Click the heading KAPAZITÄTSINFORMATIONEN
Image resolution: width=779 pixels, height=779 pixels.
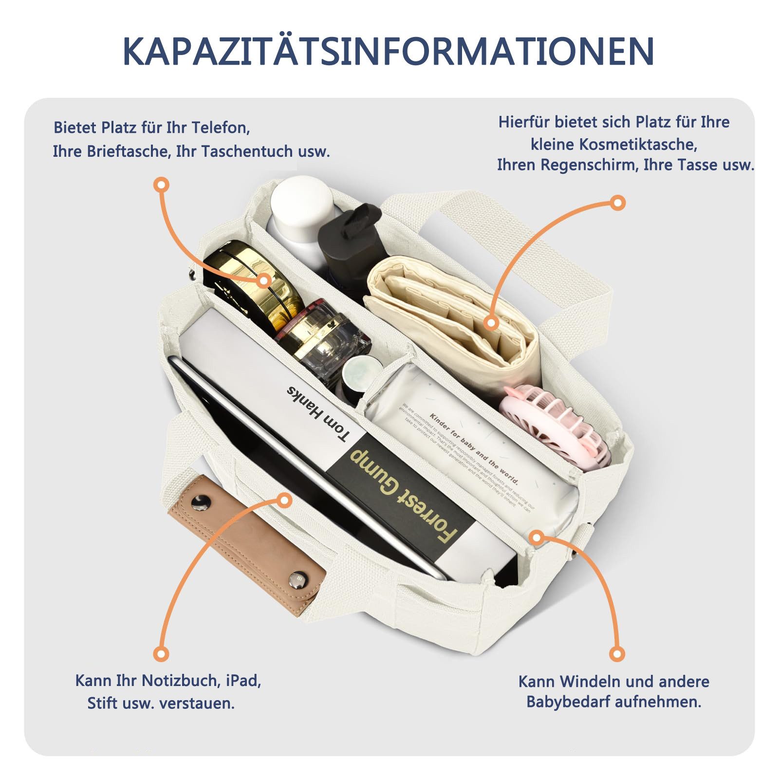coord(389,51)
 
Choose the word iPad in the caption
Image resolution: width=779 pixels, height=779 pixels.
coord(243,680)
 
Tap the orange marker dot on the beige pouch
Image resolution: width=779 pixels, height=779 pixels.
coord(491,322)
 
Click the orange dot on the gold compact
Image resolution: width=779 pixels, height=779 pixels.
coord(264,280)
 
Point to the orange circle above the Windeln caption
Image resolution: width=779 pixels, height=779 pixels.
coord(617,653)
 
